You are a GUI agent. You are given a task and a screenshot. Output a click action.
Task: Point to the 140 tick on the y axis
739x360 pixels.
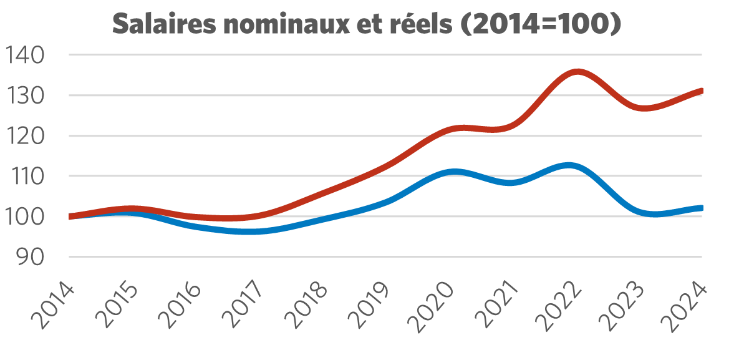pos(24,56)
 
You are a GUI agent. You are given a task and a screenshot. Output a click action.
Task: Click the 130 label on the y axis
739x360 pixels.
pos(24,95)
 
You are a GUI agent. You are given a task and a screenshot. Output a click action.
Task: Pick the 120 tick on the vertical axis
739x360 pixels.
pos(24,136)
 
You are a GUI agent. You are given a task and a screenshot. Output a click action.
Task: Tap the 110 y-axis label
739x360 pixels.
pos(24,177)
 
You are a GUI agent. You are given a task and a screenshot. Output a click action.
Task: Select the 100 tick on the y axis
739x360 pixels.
pos(24,216)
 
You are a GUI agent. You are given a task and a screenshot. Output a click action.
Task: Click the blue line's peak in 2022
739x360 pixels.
pos(569,165)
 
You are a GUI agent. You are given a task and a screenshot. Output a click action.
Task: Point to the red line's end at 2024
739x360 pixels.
pos(702,90)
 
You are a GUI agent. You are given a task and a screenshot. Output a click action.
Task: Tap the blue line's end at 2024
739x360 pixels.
pos(702,208)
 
